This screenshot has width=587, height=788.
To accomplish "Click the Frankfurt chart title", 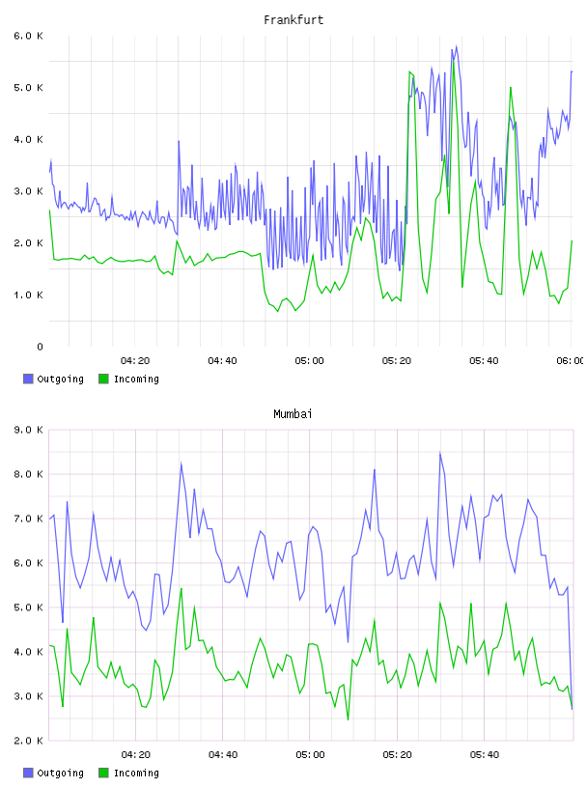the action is pyautogui.click(x=293, y=20).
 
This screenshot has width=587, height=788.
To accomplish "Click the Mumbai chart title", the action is pyautogui.click(x=293, y=414).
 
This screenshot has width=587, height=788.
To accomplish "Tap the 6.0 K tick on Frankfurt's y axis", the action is pyautogui.click(x=28, y=36).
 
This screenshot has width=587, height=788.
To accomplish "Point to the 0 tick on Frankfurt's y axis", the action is pyautogui.click(x=40, y=347).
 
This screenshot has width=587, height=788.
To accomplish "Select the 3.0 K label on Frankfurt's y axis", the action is pyautogui.click(x=28, y=191).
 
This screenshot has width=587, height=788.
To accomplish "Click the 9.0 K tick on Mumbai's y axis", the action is pyautogui.click(x=28, y=430).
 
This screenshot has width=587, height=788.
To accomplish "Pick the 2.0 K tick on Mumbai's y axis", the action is pyautogui.click(x=28, y=741).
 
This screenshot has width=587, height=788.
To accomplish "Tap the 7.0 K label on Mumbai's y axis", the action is pyautogui.click(x=28, y=519).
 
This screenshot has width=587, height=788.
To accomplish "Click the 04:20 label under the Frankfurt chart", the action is pyautogui.click(x=135, y=361).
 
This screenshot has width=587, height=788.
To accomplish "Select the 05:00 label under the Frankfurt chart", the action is pyautogui.click(x=310, y=361).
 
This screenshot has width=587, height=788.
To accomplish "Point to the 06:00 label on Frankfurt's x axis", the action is pyautogui.click(x=572, y=361).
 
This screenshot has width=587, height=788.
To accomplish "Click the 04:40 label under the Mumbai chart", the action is pyautogui.click(x=223, y=755).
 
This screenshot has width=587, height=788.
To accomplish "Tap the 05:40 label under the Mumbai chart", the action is pyautogui.click(x=485, y=755).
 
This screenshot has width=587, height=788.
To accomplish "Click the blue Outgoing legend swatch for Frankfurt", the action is pyautogui.click(x=28, y=379).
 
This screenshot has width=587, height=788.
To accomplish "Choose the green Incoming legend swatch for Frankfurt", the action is pyautogui.click(x=103, y=379).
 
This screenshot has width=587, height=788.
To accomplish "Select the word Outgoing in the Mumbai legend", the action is pyautogui.click(x=60, y=773).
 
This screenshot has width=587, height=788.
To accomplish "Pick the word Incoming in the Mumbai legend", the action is pyautogui.click(x=136, y=773).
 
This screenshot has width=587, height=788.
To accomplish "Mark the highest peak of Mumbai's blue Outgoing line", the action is pyautogui.click(x=440, y=452).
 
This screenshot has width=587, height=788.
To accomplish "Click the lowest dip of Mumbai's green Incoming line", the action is pyautogui.click(x=348, y=719).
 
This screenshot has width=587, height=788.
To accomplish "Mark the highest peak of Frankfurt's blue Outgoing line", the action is pyautogui.click(x=457, y=46).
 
